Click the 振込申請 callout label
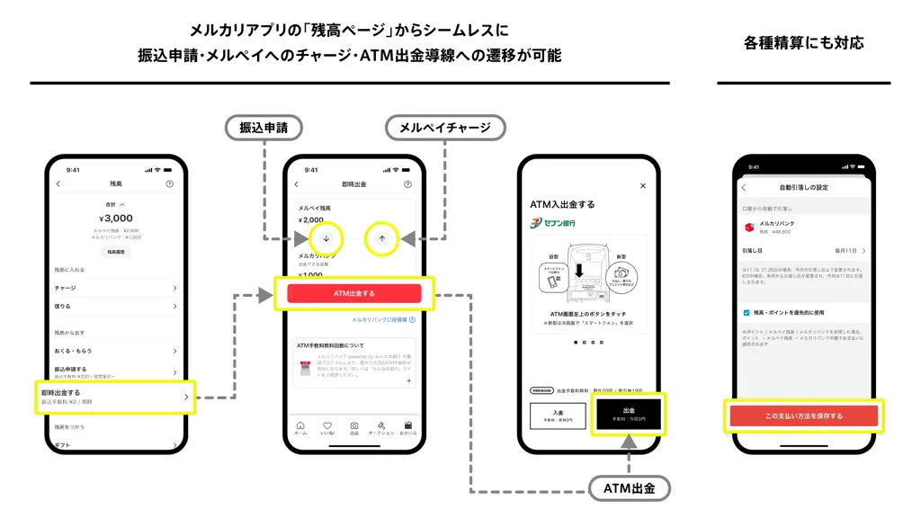264,128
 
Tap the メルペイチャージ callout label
439,128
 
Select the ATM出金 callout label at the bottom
629,488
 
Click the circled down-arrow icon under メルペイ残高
326,238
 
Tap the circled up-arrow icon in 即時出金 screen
382,238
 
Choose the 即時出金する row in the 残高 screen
115,397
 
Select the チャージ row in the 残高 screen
115,289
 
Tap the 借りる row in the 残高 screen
115,307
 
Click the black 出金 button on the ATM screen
628,414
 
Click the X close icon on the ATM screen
642,186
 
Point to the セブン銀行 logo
553,222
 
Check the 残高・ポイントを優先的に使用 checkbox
747,313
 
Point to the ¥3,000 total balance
116,218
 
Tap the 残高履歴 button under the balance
116,253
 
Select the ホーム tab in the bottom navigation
300,428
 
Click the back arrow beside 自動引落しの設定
744,187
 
